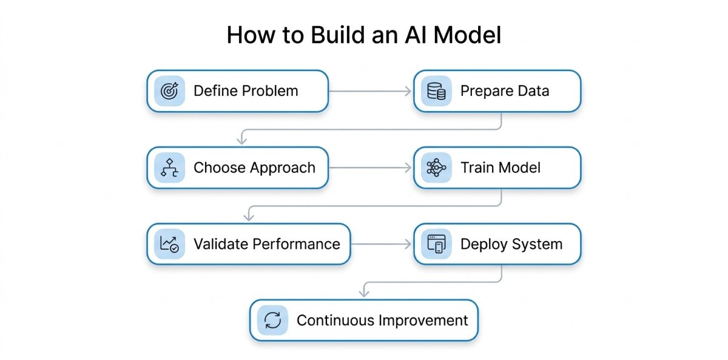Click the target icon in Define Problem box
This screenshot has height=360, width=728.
(x=169, y=91)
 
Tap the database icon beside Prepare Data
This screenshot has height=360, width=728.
(x=436, y=91)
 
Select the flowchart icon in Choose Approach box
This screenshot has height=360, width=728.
(x=169, y=168)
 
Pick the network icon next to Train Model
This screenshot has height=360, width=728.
(x=436, y=168)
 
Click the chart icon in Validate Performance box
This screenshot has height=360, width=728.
(x=169, y=244)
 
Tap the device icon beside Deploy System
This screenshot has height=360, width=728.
(x=436, y=244)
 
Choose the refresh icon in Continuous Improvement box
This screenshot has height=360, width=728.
(x=272, y=321)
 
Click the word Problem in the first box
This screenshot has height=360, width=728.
(x=270, y=91)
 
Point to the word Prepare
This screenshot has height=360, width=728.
(x=483, y=91)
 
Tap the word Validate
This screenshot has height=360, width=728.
(x=220, y=244)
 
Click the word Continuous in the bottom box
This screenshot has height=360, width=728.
(x=336, y=321)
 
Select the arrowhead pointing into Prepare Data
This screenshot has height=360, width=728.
(x=408, y=91)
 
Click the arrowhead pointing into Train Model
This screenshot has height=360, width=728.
(x=408, y=168)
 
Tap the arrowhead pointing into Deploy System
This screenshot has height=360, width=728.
(x=408, y=244)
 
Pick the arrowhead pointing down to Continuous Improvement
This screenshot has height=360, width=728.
(x=363, y=293)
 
